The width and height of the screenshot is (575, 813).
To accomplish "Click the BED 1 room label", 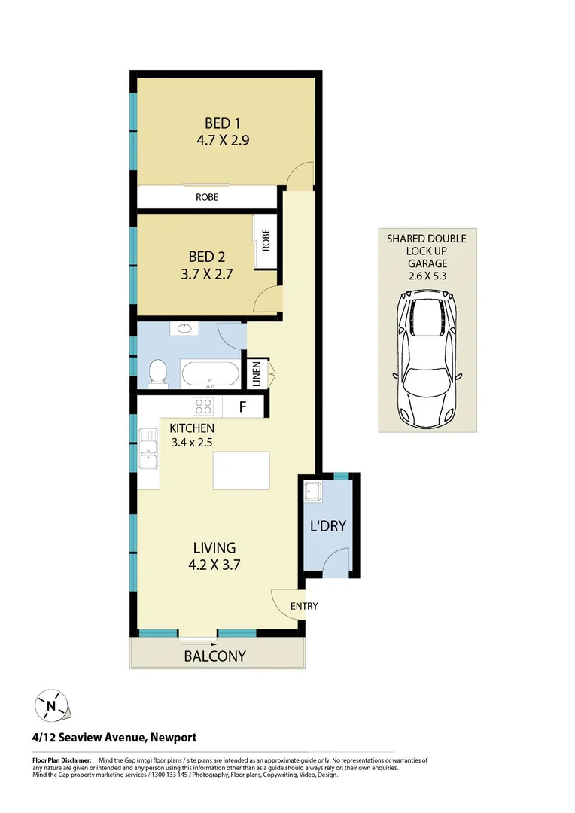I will [222, 123].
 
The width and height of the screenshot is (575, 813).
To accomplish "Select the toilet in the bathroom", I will [158, 372].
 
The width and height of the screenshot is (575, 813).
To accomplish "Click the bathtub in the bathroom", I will [210, 374].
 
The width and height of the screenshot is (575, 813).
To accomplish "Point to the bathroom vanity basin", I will [184, 329].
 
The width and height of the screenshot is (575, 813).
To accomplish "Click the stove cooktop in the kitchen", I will [203, 406].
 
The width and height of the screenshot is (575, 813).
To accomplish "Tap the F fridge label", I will [242, 408].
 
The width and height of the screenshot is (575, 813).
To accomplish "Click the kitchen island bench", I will [242, 470].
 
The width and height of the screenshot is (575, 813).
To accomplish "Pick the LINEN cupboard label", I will [256, 374].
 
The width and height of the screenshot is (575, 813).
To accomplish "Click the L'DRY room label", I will [328, 525].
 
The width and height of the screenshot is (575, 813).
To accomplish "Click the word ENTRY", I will [303, 606].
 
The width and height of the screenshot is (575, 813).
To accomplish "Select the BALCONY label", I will [215, 656].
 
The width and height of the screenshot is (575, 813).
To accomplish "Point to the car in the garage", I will [426, 361].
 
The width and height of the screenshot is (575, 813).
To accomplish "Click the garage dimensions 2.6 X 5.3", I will [427, 276].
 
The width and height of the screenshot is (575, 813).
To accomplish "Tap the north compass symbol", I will [50, 706].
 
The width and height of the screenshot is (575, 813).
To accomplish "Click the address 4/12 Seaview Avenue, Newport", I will [114, 738].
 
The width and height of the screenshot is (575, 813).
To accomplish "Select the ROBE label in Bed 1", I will [207, 197].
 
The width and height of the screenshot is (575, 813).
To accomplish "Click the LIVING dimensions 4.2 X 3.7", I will [214, 564].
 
